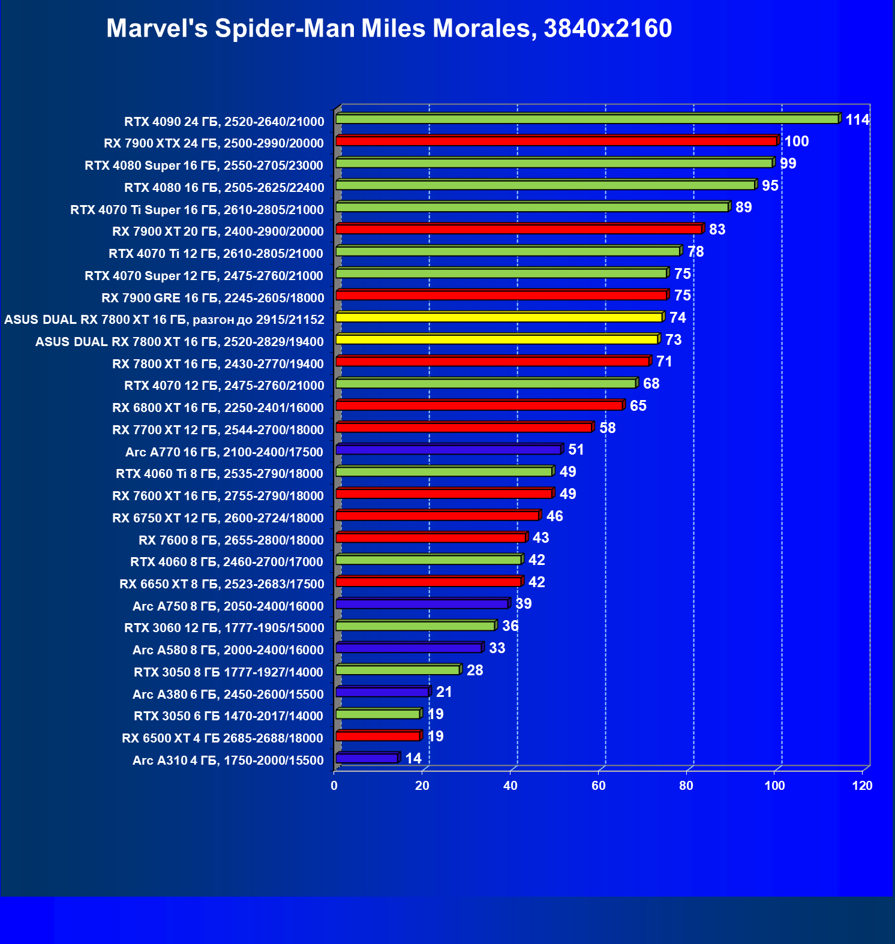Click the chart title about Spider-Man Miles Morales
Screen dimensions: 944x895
click(389, 28)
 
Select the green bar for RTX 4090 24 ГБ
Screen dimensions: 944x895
click(587, 119)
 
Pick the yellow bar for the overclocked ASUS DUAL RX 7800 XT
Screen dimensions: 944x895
click(499, 318)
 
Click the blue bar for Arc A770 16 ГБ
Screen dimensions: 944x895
click(448, 450)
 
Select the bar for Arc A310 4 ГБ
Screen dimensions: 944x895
click(367, 759)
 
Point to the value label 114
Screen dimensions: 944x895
click(857, 120)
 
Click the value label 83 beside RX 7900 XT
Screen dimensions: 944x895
click(717, 230)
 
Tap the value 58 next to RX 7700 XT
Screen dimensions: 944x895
click(607, 428)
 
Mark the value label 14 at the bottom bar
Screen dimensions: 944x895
click(413, 759)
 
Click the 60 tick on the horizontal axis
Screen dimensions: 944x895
click(599, 786)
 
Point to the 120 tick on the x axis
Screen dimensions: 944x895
click(862, 786)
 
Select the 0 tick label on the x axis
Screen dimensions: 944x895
click(334, 786)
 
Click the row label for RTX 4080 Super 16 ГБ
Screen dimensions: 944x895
click(204, 166)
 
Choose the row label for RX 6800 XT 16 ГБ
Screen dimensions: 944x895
click(218, 408)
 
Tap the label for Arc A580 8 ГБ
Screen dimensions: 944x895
click(228, 650)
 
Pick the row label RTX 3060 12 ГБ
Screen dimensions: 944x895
click(224, 628)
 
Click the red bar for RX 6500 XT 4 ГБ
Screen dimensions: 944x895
click(378, 736)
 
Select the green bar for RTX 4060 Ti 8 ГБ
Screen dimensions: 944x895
click(444, 472)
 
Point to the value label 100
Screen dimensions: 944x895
click(797, 142)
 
